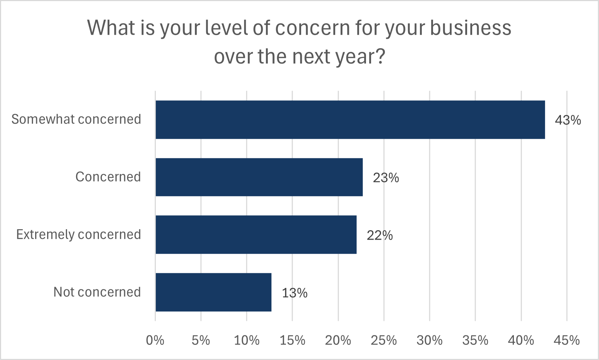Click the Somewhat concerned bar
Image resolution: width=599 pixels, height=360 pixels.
click(350, 120)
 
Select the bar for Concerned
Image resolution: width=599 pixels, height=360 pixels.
click(259, 177)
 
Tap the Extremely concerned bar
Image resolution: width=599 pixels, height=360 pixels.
click(256, 235)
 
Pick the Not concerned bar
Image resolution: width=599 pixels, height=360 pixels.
click(213, 292)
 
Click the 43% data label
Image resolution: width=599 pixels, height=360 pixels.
click(568, 120)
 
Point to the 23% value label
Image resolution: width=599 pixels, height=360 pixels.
click(386, 178)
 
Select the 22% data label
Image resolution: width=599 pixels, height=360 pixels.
click(380, 235)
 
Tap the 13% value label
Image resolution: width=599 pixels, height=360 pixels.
click(295, 293)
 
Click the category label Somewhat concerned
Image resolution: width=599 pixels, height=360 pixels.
click(76, 119)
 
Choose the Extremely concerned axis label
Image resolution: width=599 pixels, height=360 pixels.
click(79, 235)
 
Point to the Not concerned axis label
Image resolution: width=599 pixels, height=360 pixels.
click(97, 292)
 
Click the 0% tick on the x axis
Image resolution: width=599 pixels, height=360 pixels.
click(155, 340)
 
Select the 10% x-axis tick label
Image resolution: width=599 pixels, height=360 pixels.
click(246, 340)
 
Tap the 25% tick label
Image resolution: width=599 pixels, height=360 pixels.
click(384, 340)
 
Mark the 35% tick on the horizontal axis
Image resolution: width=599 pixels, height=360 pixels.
click(475, 340)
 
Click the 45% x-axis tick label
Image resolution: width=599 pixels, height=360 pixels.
click(567, 340)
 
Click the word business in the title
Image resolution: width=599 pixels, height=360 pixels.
click(470, 28)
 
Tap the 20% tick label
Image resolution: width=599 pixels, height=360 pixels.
click(338, 340)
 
